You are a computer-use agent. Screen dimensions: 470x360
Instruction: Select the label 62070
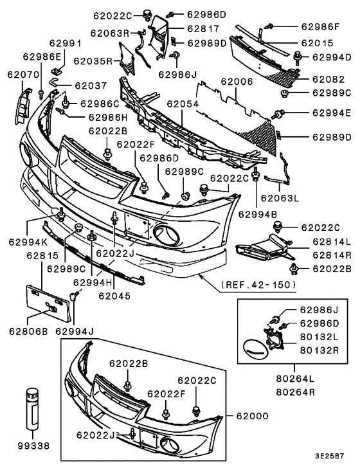pyautogui.click(x=18, y=75)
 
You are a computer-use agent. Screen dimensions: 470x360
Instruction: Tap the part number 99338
pyautogui.click(x=33, y=444)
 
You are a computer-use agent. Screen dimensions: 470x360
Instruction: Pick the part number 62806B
pyautogui.click(x=29, y=331)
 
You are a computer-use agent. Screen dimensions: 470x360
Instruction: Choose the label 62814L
pyautogui.click(x=331, y=242)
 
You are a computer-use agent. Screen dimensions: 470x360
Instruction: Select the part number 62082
pyautogui.click(x=329, y=80)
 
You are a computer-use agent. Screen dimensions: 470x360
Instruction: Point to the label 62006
pyautogui.click(x=237, y=82)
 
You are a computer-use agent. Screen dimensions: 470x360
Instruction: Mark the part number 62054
pyautogui.click(x=183, y=104)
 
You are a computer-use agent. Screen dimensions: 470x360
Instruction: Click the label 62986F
pyautogui.click(x=319, y=27)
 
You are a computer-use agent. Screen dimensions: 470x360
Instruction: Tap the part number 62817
pyautogui.click(x=203, y=29)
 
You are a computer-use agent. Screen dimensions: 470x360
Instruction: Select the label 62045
pyautogui.click(x=114, y=296)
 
